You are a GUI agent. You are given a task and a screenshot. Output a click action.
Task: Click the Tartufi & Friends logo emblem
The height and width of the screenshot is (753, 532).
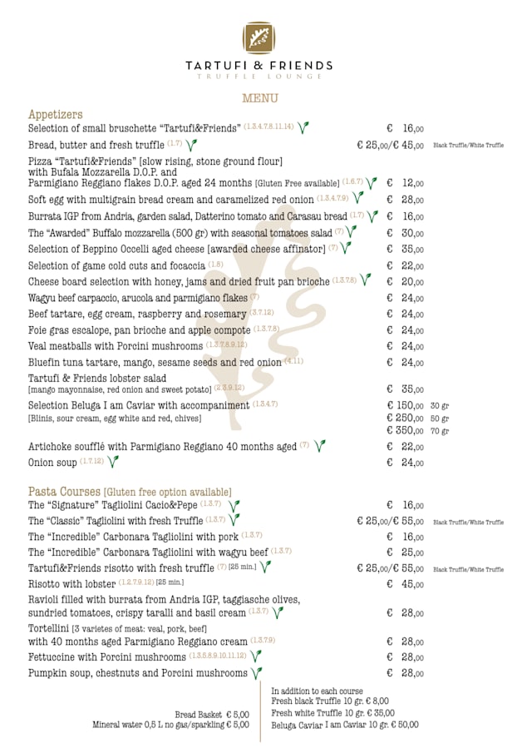(x=259, y=37)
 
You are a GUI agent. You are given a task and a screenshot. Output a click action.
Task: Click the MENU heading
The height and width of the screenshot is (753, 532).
(x=259, y=98)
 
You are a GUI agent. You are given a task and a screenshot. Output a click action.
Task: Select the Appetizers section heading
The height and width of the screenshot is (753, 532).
(x=55, y=114)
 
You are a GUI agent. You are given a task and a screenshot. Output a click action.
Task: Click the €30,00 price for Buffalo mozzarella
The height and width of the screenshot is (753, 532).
(x=405, y=234)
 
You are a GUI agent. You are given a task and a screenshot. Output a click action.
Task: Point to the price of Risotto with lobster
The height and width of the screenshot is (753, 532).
(x=405, y=584)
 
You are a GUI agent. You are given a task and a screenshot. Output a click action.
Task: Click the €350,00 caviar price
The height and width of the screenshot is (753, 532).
(x=405, y=431)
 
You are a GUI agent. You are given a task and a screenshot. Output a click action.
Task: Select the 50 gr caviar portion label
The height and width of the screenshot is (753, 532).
(x=439, y=419)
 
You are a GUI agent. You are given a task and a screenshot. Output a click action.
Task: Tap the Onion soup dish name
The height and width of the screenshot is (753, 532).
(x=52, y=463)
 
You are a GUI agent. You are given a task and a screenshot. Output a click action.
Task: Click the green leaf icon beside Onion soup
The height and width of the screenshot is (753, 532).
(x=113, y=462)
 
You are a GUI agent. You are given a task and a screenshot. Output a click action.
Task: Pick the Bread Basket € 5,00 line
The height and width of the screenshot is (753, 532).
(x=211, y=714)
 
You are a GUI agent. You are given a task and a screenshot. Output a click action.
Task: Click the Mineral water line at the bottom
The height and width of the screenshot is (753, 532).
(x=170, y=725)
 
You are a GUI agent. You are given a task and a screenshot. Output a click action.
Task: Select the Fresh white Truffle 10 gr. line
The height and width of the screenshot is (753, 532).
(x=332, y=713)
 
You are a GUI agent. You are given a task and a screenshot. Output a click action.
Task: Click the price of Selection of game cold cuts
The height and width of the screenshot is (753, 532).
(x=405, y=266)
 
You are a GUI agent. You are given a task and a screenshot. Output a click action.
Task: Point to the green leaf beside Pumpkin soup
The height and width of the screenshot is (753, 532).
(x=257, y=673)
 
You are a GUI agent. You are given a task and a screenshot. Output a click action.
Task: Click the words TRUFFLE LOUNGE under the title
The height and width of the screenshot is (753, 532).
(x=259, y=77)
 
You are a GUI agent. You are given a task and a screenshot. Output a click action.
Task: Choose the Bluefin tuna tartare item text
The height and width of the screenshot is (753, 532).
(x=155, y=362)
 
